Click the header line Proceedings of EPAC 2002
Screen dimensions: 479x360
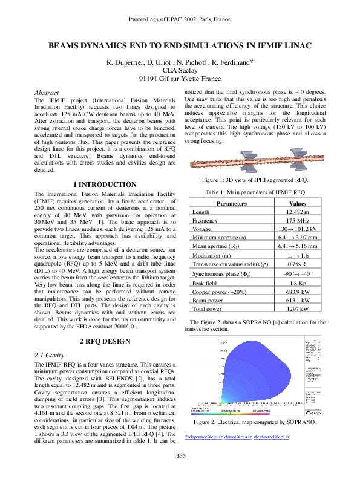click(180, 19)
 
